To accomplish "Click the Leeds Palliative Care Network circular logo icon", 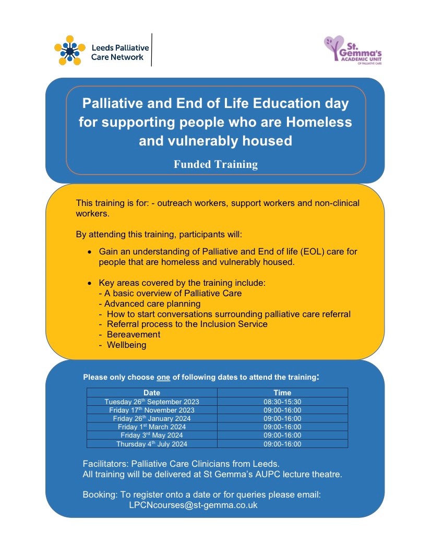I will point(69,50).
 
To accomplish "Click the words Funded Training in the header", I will point(215,164).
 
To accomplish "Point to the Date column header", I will point(151,393).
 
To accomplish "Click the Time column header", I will point(282,393).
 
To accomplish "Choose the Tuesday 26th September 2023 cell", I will point(151,402).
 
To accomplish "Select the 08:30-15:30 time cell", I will point(282,402).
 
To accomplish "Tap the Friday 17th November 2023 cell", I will point(151,410).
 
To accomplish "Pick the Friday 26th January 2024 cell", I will point(151,418).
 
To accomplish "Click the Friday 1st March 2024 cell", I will point(151,427).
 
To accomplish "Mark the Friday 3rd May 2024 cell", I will point(151,435).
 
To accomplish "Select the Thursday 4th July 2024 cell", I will point(151,444).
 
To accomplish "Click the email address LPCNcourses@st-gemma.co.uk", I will point(193,505).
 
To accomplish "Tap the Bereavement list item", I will point(133,334).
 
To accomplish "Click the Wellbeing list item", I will point(126,345).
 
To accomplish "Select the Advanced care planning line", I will point(152,304).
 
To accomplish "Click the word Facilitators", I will point(105,464).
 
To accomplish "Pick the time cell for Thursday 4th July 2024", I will point(282,444).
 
